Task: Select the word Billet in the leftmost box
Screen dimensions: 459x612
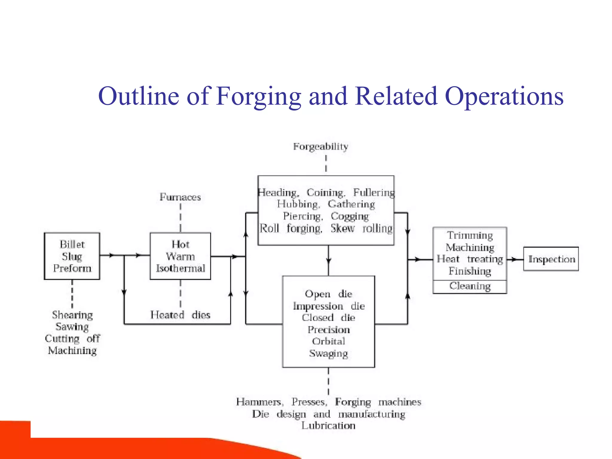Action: tap(72, 244)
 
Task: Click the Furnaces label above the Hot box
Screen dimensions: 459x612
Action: tap(180, 197)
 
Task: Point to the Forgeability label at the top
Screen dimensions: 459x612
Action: tap(321, 147)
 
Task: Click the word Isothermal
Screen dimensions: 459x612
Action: tap(180, 268)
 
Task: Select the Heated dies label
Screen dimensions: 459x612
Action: tap(180, 315)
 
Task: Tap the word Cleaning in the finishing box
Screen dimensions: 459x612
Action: tap(470, 286)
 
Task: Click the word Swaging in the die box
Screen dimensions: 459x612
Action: tap(328, 354)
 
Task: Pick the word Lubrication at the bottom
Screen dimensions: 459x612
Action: tap(328, 426)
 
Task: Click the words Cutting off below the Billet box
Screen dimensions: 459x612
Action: tap(72, 339)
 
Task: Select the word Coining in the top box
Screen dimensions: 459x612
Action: tap(325, 193)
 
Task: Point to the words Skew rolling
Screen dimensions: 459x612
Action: tap(361, 229)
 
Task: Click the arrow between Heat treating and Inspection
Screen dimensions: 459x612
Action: tap(515, 259)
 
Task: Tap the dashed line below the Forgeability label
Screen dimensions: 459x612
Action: tap(326, 163)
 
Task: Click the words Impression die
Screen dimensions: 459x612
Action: tap(328, 306)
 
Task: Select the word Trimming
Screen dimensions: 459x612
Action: tap(470, 236)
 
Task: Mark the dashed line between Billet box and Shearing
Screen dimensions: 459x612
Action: tap(72, 294)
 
